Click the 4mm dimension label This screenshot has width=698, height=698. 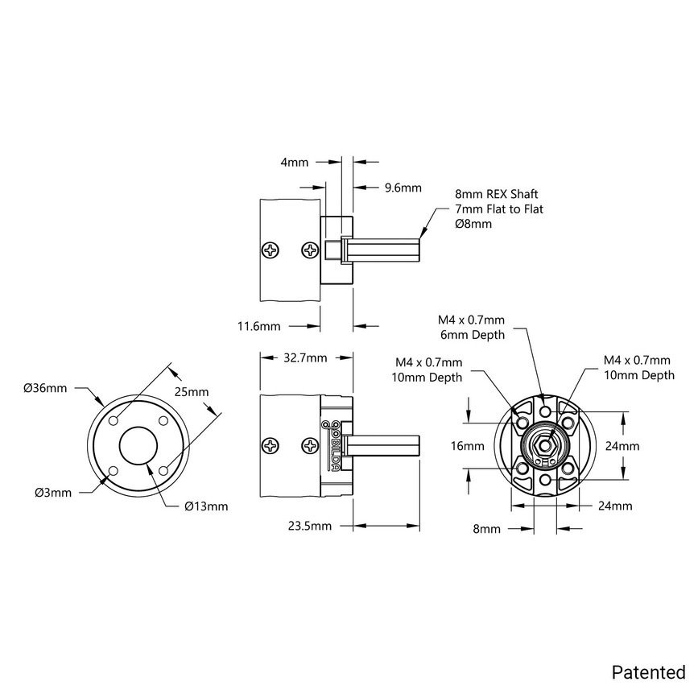tap(294, 162)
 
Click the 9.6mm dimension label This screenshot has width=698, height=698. tap(403, 188)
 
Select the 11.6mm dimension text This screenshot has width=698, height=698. tap(258, 326)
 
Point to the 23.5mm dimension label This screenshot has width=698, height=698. tap(309, 527)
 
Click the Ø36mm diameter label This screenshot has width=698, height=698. tap(45, 388)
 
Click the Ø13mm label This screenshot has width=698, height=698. tap(206, 506)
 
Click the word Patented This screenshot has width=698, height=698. tap(648, 671)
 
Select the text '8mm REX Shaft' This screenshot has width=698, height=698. tap(496, 195)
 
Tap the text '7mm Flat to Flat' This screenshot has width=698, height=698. tap(499, 209)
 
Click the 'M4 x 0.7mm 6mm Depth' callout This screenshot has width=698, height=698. tap(471, 327)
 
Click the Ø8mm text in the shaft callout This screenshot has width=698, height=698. tap(473, 224)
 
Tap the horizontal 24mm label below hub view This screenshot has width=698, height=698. tap(615, 506)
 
